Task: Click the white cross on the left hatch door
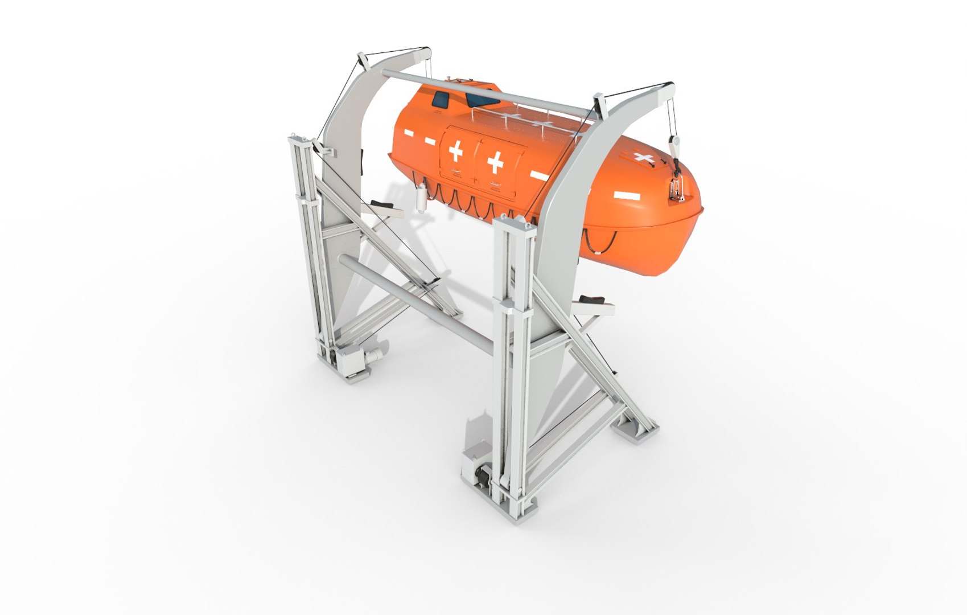point(456,151)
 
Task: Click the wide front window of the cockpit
point(483,101)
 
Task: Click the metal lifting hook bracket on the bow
point(676,186)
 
